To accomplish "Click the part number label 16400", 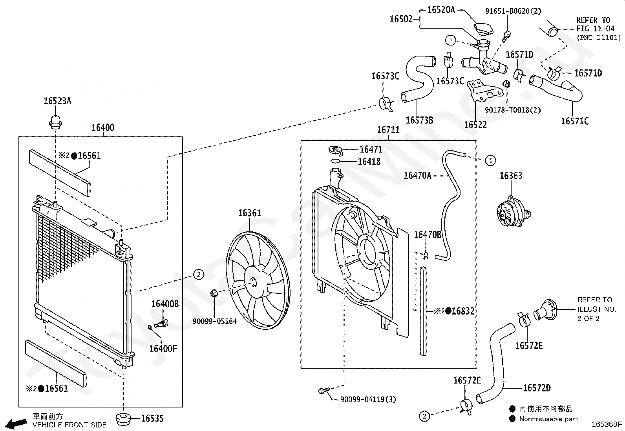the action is pyautogui.click(x=103, y=128).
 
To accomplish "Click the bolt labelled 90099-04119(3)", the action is pyautogui.click(x=323, y=390).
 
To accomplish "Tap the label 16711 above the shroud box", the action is pyautogui.click(x=388, y=130).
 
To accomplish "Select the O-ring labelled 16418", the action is pyautogui.click(x=335, y=161).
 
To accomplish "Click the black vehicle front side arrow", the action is pyautogui.click(x=16, y=424).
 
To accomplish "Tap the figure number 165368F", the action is pyautogui.click(x=607, y=424).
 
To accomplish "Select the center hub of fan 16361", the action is pyautogui.click(x=254, y=282).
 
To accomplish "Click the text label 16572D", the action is pyautogui.click(x=537, y=388).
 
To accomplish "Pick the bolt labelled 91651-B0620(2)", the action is pyautogui.click(x=506, y=36).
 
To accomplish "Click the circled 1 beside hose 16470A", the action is pyautogui.click(x=490, y=160).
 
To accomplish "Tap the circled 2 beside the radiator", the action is pyautogui.click(x=198, y=274).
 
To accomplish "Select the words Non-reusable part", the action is pyautogui.click(x=548, y=419).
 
